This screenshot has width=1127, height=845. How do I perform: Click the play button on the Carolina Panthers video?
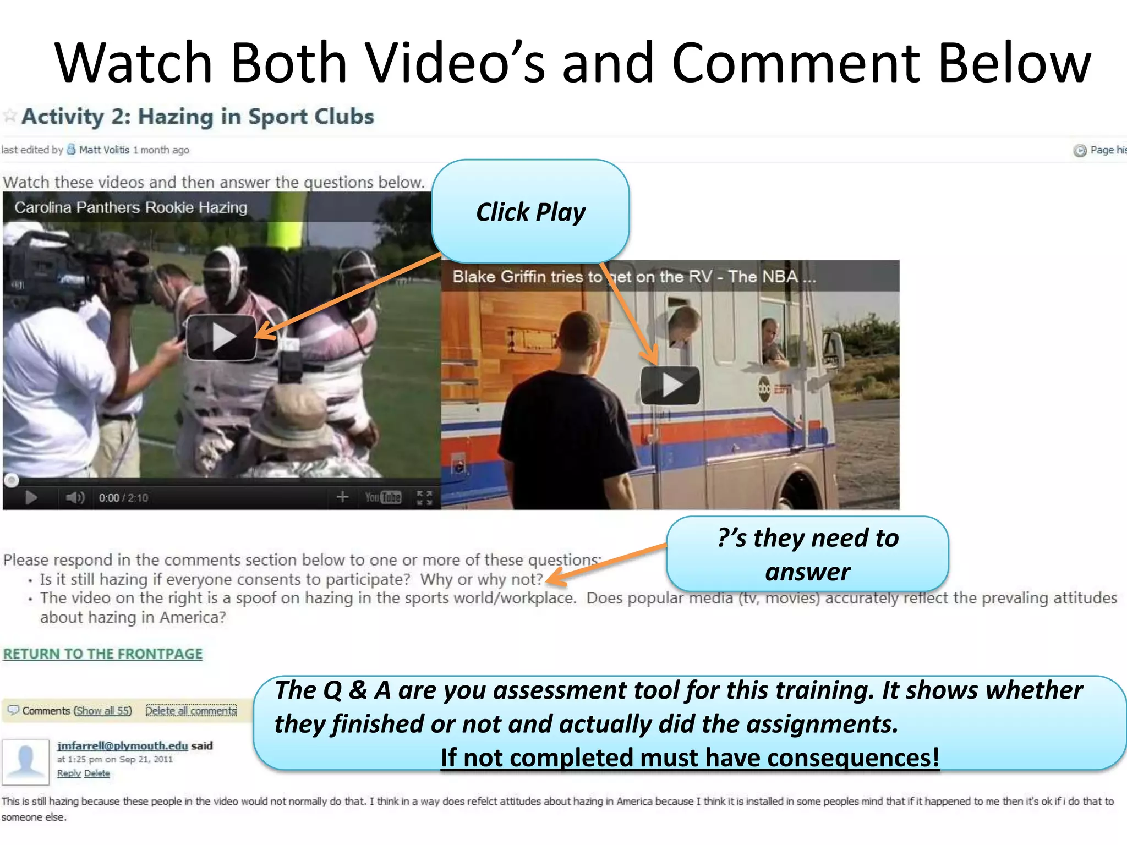(x=222, y=337)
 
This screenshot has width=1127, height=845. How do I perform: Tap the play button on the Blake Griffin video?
(x=670, y=385)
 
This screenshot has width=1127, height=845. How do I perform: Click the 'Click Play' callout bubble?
(x=530, y=212)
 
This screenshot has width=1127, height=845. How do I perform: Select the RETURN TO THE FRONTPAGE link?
(x=103, y=654)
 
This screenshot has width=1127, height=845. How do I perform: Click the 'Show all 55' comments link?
(x=103, y=711)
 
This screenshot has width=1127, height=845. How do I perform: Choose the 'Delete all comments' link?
(x=191, y=711)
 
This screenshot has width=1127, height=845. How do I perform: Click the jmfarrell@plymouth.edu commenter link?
(x=123, y=745)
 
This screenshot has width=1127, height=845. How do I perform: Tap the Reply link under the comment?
(x=69, y=773)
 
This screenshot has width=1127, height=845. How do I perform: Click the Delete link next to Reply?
(x=97, y=773)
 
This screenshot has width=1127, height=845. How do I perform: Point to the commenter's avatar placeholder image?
(x=25, y=762)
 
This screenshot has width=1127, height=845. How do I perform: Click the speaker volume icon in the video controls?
(x=75, y=498)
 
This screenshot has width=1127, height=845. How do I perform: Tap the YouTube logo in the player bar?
(x=383, y=497)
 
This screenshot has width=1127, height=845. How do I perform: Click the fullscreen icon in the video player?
(x=424, y=497)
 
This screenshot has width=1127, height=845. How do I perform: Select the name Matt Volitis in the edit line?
(x=104, y=150)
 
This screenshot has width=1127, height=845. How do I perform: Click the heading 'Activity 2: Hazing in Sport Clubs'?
(x=198, y=117)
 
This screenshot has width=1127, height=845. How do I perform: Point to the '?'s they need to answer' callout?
(x=807, y=554)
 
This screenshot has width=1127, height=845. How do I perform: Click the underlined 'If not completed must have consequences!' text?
(x=690, y=758)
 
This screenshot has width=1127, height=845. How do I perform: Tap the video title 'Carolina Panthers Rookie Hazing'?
(x=131, y=207)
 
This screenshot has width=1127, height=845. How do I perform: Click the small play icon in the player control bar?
(x=31, y=498)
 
